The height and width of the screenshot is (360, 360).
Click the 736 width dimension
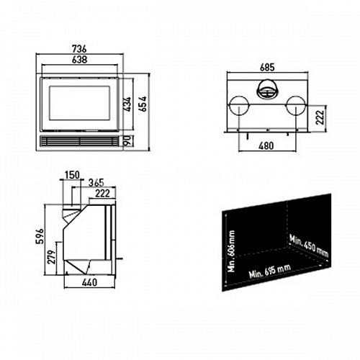click(x=79, y=49)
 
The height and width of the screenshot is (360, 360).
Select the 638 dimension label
click(x=79, y=60)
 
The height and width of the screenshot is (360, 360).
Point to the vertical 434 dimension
click(x=127, y=104)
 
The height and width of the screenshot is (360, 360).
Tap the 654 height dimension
click(x=143, y=104)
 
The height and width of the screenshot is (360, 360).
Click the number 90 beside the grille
click(x=128, y=140)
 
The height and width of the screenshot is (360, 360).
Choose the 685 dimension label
click(x=267, y=68)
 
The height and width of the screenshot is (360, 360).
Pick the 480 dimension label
click(x=266, y=145)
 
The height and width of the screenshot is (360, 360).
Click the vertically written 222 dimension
click(x=320, y=117)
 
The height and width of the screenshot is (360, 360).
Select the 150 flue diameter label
click(x=72, y=175)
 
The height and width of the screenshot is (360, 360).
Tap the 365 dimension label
click(x=96, y=183)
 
